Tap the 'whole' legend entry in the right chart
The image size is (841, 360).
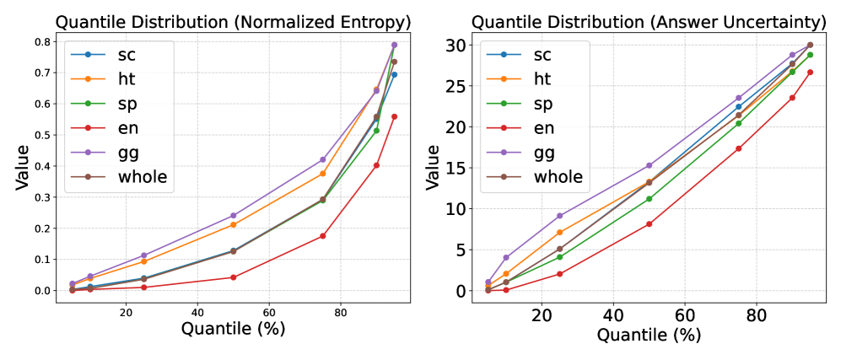[552, 177]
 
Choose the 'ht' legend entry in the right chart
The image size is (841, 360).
[543, 79]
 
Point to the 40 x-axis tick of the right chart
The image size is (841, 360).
[613, 313]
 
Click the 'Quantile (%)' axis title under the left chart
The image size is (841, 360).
[233, 330]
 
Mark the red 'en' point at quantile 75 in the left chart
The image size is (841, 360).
[322, 236]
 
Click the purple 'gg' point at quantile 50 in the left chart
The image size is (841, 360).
[233, 215]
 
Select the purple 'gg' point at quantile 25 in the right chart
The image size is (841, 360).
[559, 216]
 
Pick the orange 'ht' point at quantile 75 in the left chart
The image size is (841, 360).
[322, 174]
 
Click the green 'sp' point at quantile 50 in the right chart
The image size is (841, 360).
[649, 199]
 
